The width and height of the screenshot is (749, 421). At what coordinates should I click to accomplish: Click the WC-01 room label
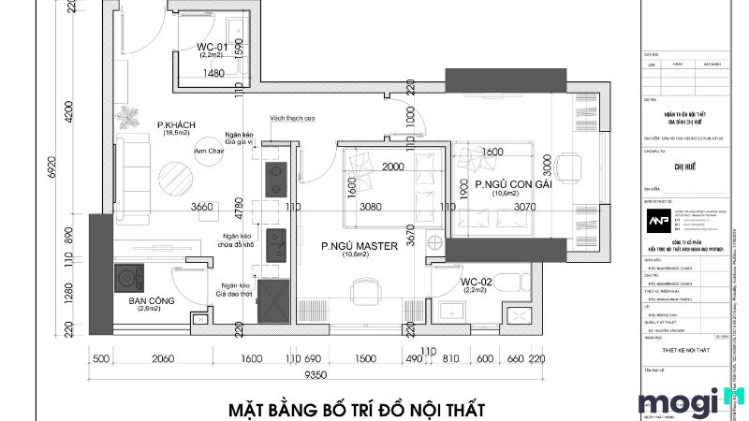pyautogui.click(x=213, y=46)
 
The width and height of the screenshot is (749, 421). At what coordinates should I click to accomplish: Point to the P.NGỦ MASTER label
pyautogui.click(x=360, y=246)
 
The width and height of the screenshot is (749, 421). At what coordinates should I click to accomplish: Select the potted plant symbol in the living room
pyautogui.click(x=125, y=116)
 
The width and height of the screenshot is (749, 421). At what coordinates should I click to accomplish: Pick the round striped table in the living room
pyautogui.click(x=175, y=175)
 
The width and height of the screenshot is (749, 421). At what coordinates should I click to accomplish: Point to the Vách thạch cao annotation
pyautogui.click(x=291, y=119)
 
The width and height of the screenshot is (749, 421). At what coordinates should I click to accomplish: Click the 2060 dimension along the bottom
pyautogui.click(x=164, y=358)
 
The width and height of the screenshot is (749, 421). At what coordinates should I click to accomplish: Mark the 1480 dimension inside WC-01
pyautogui.click(x=213, y=73)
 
